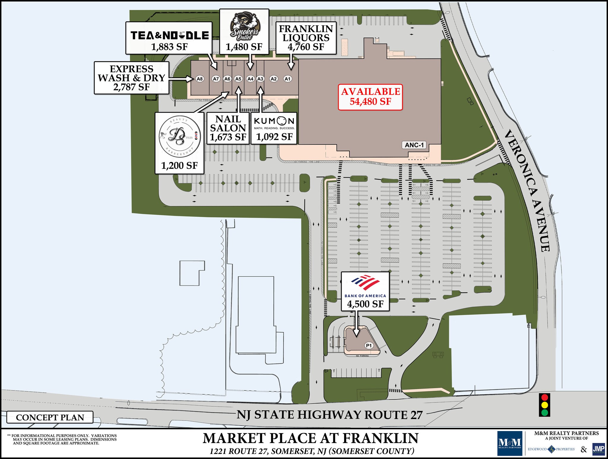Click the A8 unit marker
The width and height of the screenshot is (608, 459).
200,79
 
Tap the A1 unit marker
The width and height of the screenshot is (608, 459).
287,79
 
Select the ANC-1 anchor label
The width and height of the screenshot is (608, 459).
414,145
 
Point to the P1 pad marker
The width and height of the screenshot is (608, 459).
369,345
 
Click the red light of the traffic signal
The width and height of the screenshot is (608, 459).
544,397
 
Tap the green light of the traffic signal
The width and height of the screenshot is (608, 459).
544,412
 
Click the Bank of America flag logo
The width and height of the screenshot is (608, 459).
365,283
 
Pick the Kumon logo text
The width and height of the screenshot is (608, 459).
274,121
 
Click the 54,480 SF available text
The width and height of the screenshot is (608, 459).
370,102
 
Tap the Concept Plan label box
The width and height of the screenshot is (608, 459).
50,417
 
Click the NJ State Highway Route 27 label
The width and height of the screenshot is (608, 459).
330,415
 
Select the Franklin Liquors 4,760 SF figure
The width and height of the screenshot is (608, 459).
306,47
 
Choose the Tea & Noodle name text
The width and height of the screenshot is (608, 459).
170,36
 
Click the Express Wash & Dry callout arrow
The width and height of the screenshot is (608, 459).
181,79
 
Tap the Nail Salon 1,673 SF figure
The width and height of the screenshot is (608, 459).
228,137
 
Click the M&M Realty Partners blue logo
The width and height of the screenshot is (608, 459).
510,443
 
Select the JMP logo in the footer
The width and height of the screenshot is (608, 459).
598,449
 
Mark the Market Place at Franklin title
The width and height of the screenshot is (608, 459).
311,438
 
